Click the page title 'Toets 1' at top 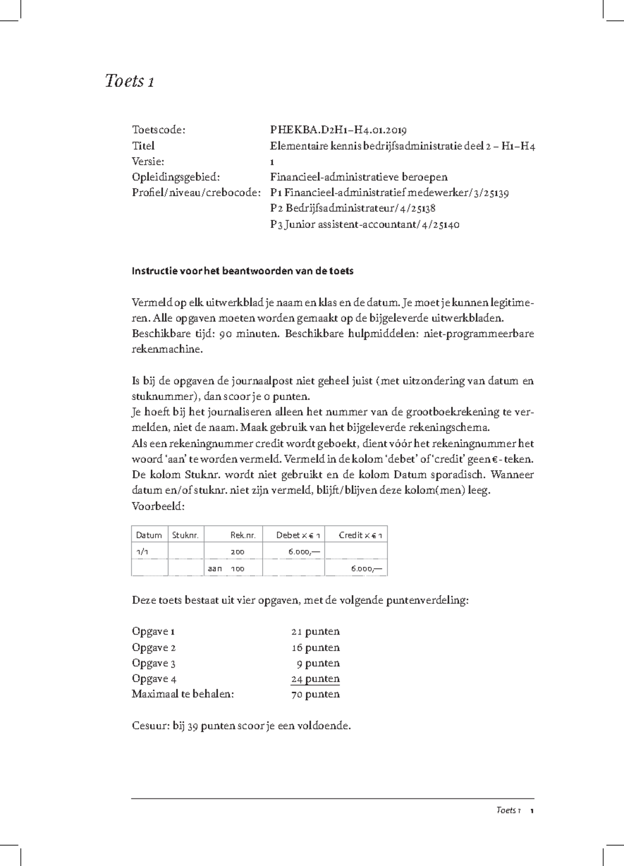[129, 81]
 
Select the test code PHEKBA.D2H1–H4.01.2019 [338, 130]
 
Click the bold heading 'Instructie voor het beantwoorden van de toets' [242, 271]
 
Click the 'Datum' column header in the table [149, 535]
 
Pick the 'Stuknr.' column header [185, 535]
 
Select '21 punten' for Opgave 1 [315, 632]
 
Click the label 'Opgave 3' [153, 664]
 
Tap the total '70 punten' [315, 695]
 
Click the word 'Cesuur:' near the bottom [150, 726]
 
